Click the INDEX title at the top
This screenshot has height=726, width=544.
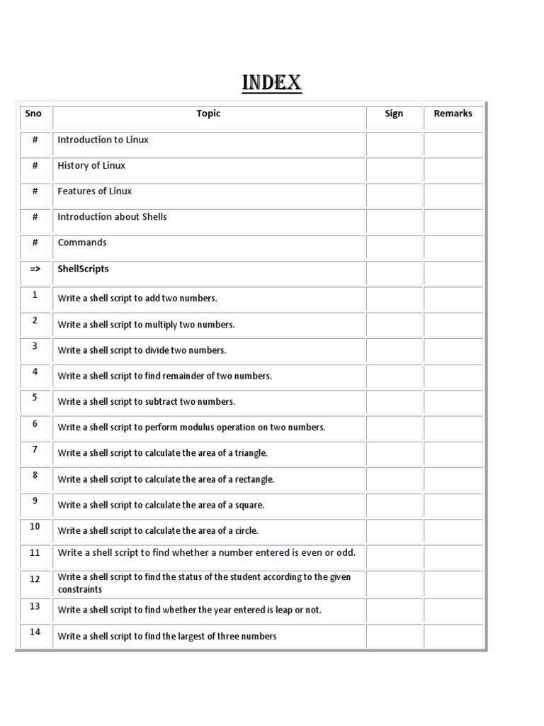coord(272,83)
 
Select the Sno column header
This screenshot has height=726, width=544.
coord(33,113)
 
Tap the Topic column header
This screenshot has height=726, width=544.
coord(208,113)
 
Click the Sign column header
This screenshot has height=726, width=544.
coord(394,113)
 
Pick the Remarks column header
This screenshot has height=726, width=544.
coord(453,113)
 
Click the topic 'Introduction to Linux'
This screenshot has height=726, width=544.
coord(103,140)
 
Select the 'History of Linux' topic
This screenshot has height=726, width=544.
coord(91,165)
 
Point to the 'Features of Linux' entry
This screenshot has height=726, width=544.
coord(94,191)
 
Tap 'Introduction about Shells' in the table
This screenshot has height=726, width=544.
coord(112,216)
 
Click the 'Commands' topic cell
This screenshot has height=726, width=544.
coord(82,242)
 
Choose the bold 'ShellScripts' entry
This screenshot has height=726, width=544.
coord(83,269)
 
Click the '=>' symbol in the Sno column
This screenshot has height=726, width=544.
coord(34,269)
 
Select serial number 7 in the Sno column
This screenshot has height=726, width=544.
coord(34,449)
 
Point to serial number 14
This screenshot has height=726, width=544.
coord(34,632)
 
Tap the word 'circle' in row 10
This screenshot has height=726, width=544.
coord(246,530)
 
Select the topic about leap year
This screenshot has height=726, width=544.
coord(189,610)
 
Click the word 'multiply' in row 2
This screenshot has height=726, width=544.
coord(162,325)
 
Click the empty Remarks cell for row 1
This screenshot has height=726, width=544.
coord(453,298)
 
